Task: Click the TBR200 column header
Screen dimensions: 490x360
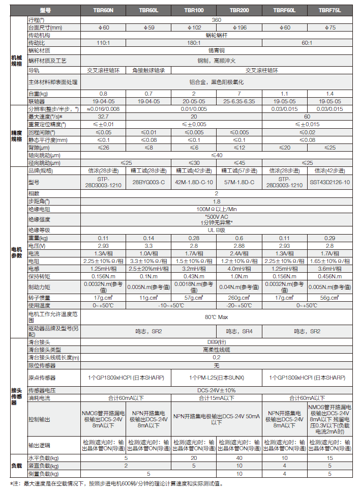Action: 235,10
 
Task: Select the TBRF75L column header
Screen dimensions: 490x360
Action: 329,10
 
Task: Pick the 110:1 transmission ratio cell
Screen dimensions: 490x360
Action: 103,43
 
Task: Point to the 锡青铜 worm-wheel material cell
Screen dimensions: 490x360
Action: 216,51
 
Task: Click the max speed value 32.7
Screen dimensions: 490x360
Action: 103,117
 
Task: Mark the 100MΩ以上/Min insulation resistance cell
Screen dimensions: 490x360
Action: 216,209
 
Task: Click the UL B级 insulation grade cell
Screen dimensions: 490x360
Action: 216,230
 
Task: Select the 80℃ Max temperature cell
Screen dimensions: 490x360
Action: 216,316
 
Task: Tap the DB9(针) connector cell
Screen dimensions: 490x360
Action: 216,342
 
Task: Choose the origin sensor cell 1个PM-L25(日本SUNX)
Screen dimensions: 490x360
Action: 216,378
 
